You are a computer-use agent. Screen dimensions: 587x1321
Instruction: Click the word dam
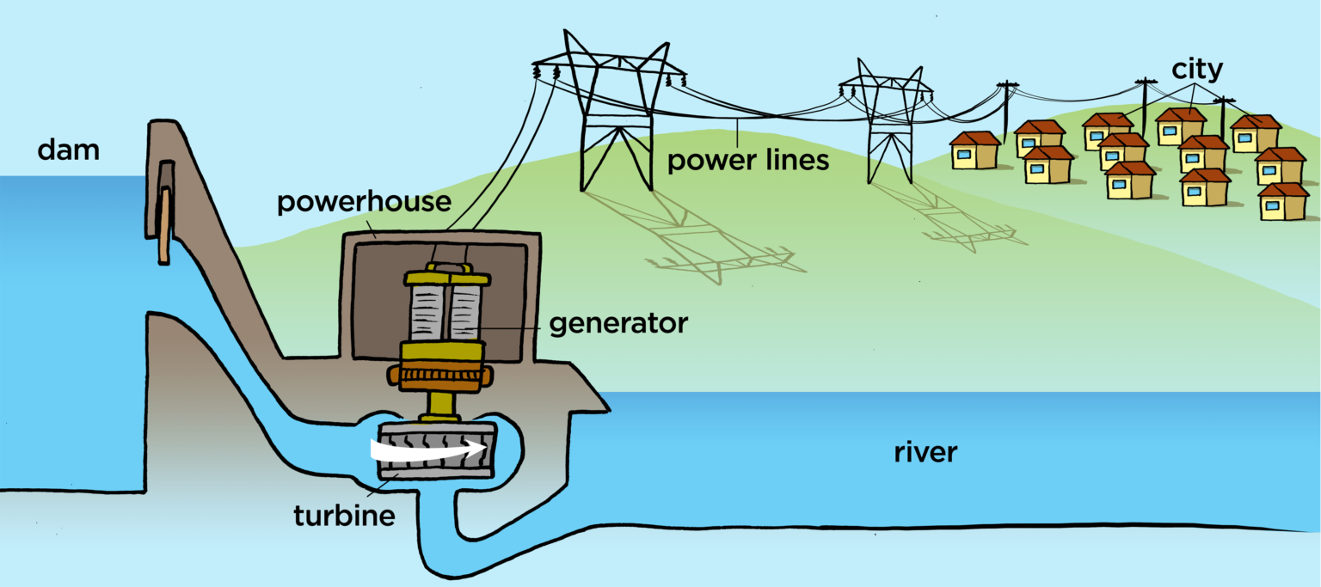(x=68, y=150)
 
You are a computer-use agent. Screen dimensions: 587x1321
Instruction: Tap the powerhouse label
(x=364, y=203)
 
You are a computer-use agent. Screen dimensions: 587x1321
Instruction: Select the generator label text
(x=618, y=324)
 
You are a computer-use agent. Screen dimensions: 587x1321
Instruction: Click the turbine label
(x=344, y=516)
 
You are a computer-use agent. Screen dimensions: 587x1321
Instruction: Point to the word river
(x=925, y=452)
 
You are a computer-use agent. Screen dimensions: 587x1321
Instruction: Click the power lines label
(x=748, y=160)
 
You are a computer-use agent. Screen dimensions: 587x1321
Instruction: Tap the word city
(x=1197, y=70)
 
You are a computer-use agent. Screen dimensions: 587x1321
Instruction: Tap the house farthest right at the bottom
(x=1283, y=202)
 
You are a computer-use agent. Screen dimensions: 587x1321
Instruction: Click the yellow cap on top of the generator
(x=446, y=277)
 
